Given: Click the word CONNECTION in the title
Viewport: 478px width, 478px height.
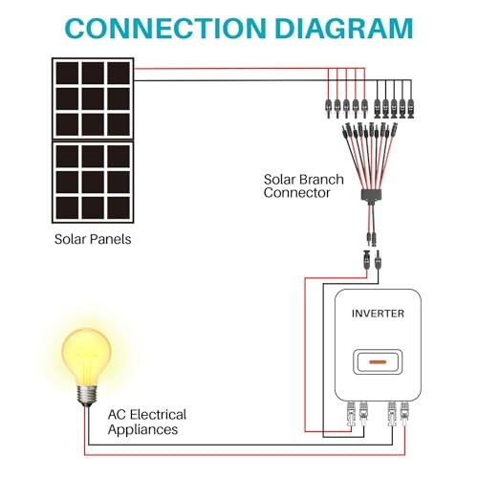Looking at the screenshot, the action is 165,28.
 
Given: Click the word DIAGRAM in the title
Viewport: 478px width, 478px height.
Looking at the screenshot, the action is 344,28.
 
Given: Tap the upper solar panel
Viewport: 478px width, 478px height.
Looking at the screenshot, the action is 93,98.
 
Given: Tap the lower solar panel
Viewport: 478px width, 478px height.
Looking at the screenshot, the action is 93,182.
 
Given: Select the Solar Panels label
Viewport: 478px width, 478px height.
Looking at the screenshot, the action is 93,239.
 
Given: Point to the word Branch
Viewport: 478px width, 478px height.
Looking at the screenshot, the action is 321,180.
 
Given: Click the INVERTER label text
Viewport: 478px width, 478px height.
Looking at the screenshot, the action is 378,314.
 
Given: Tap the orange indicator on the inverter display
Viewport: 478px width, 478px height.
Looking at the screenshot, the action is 378,362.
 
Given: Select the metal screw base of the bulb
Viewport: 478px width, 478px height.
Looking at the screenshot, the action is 87,396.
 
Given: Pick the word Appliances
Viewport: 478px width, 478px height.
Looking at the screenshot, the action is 142,429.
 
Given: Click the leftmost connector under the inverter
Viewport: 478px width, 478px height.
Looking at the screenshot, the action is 351,414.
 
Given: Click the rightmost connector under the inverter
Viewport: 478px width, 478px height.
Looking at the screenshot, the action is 404,414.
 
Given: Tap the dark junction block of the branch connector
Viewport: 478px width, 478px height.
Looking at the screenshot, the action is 372,195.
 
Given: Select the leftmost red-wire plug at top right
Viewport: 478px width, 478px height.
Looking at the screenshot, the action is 328,109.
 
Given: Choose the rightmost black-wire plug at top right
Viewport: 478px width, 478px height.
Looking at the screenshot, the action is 411,109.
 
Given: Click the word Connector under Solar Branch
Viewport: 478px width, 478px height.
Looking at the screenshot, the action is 296,193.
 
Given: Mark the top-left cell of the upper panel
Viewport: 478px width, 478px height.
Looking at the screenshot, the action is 67,73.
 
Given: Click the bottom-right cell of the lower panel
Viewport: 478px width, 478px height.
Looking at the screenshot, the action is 119,207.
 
